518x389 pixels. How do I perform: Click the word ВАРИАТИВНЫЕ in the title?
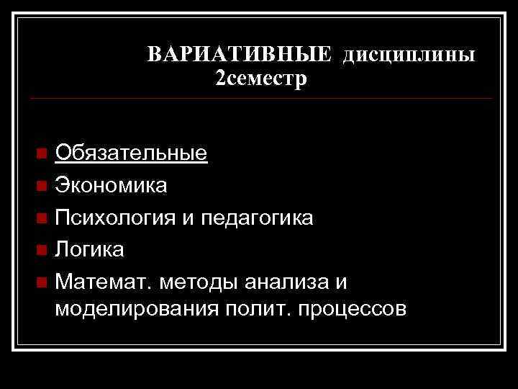(x=239, y=55)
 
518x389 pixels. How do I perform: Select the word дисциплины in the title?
(x=408, y=56)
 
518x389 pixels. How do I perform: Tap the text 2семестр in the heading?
(x=260, y=78)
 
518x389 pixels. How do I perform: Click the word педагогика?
(x=255, y=218)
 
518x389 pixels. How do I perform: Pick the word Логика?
(x=90, y=249)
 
